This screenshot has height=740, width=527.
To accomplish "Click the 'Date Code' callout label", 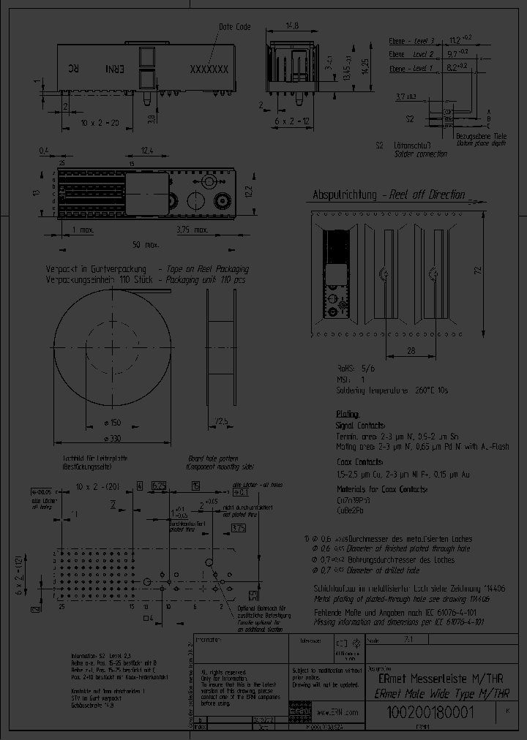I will [235, 27].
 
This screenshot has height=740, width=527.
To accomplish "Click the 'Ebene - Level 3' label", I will [412, 41].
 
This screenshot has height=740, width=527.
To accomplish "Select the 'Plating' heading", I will [348, 413].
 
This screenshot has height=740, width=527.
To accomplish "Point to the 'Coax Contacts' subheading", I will [360, 462].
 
